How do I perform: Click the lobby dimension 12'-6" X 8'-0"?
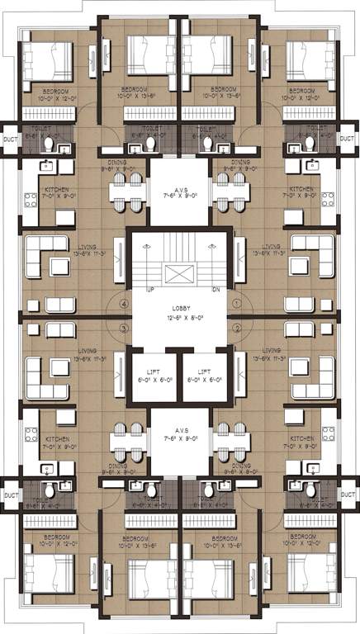point(180,317)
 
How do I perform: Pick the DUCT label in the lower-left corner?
point(11,495)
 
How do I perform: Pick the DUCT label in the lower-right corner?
point(349,495)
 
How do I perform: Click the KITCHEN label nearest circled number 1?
point(302,189)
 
